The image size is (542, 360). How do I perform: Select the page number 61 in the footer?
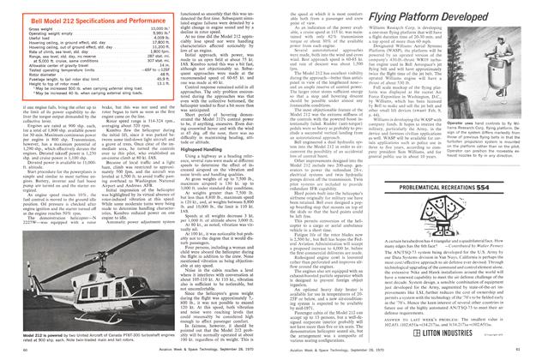[531, 352]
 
